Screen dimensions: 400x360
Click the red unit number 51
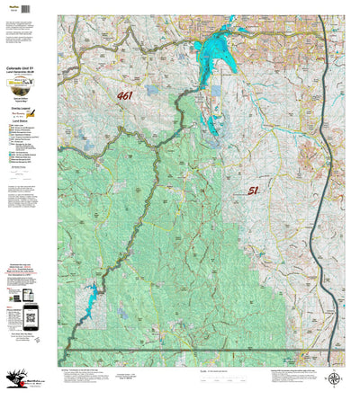pyautogui.click(x=253, y=190)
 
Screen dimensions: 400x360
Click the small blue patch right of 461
pyautogui.click(x=150, y=91)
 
